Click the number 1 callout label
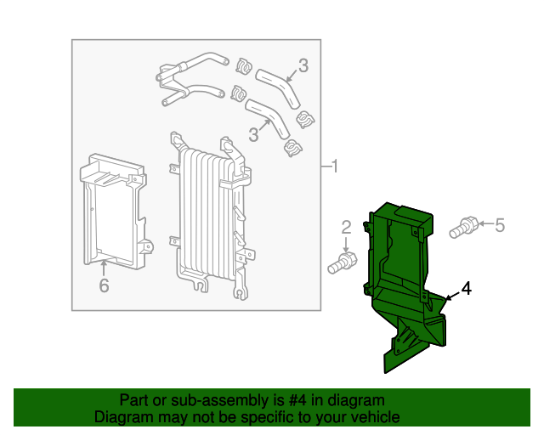point(334,167)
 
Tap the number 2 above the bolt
point(346,228)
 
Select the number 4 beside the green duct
point(467,289)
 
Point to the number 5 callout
point(500,225)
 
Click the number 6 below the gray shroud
point(104,285)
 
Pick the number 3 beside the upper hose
point(303,65)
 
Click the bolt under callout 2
point(343,263)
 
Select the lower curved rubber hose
point(268,117)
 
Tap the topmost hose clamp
point(244,66)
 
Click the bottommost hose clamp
point(292,148)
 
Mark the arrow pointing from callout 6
point(104,268)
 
